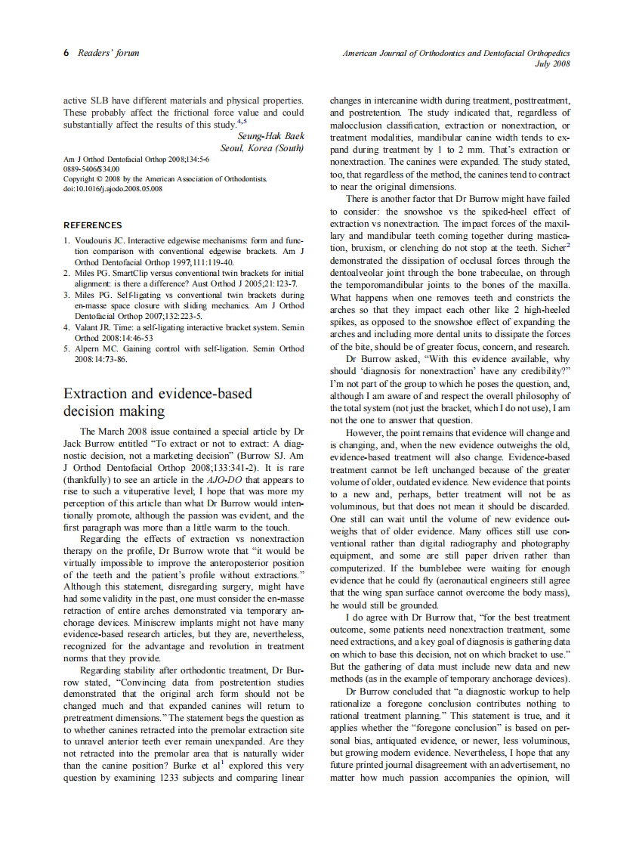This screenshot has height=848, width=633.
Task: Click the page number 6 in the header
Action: (x=66, y=53)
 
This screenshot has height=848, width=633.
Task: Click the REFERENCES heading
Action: (x=93, y=225)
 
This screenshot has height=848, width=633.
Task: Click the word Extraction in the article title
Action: (x=99, y=394)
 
